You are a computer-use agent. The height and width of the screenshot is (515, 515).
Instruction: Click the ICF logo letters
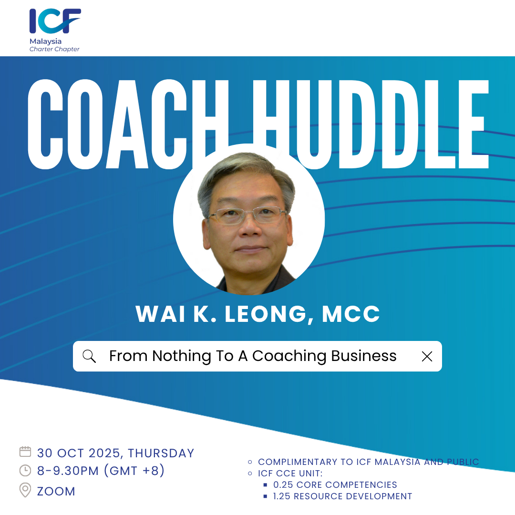point(55,21)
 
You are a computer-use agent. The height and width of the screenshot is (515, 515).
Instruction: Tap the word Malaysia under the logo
point(45,41)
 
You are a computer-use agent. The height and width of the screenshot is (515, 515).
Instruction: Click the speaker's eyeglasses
point(247,215)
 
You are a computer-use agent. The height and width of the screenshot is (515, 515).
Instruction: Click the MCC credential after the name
point(350,314)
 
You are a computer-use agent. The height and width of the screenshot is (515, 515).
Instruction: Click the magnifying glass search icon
point(89,356)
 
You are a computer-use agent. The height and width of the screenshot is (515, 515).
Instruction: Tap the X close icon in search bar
point(427,356)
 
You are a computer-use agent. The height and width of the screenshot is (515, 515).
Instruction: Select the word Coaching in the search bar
point(289,356)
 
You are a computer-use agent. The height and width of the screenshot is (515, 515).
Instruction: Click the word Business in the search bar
point(363,356)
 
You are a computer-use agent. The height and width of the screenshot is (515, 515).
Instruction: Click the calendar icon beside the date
point(25,452)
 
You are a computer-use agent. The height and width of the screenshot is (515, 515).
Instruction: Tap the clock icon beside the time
point(25,470)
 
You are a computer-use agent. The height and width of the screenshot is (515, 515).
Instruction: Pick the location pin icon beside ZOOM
point(25,490)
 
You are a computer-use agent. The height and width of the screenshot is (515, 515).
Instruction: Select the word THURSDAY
point(161,453)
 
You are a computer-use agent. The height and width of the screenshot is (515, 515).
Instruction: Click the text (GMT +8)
point(134,471)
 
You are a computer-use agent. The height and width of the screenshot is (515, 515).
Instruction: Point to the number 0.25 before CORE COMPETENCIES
point(283,485)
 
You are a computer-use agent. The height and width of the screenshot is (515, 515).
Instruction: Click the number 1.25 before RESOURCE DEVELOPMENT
point(282,496)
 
